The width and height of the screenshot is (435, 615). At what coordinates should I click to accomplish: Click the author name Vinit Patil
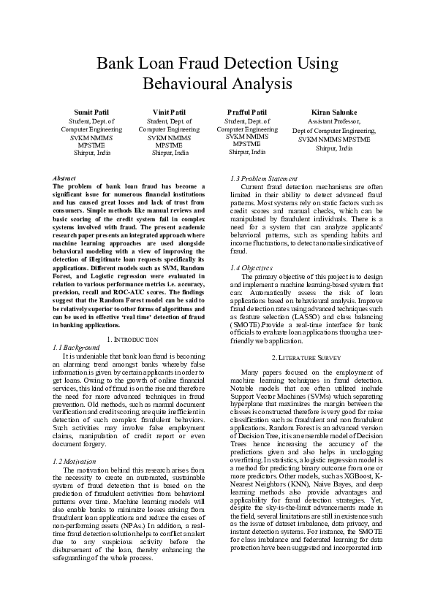pos(170,112)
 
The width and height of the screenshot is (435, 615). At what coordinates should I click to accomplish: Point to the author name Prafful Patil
pos(247,112)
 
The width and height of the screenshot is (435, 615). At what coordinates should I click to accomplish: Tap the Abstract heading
pos(65,178)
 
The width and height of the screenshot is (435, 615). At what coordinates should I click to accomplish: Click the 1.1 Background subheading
pos(77,348)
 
